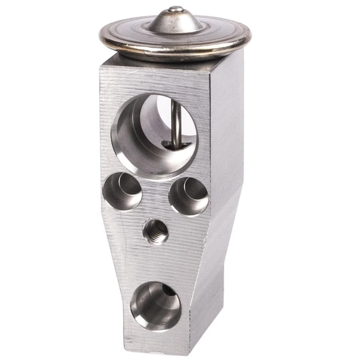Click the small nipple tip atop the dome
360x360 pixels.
(175, 9)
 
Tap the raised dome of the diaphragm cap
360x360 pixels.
(175, 23)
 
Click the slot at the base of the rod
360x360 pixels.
(178, 145)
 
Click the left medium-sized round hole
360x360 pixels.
(122, 191)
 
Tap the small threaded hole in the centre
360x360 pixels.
(155, 231)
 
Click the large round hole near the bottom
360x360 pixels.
(155, 306)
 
